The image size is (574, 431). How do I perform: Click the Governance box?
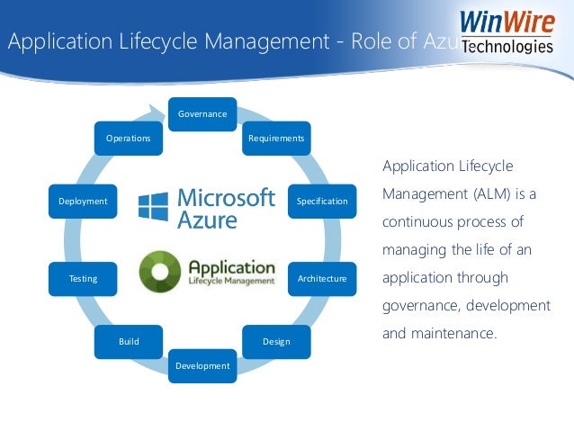[202, 114]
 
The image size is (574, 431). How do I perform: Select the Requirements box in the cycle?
[276, 139]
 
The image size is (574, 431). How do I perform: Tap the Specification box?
[322, 202]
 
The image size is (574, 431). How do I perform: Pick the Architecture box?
[322, 279]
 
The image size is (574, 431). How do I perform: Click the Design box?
[276, 342]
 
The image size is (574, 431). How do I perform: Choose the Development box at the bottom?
[202, 365]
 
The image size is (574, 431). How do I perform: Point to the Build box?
[129, 342]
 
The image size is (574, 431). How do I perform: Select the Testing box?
[83, 279]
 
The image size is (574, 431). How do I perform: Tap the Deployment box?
[83, 202]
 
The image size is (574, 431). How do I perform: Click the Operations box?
[129, 139]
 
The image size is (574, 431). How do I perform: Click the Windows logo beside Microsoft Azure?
[153, 207]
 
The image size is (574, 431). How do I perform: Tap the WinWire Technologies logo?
[506, 31]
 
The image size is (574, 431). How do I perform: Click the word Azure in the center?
[208, 220]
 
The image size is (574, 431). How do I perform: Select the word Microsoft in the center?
[226, 197]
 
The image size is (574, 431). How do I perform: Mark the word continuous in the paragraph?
[417, 220]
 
